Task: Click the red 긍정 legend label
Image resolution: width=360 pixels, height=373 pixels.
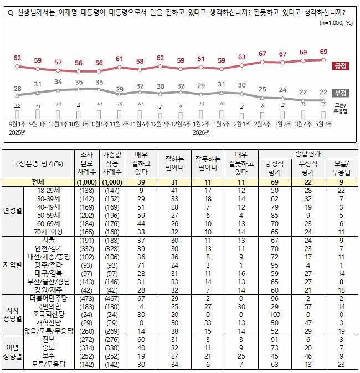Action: pyautogui.click(x=340, y=66)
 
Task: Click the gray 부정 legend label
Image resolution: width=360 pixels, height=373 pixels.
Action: pyautogui.click(x=340, y=93)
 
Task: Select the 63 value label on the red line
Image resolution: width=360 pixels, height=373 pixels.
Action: pyautogui.click(x=241, y=57)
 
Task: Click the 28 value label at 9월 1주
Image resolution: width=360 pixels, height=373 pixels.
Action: pyautogui.click(x=17, y=88)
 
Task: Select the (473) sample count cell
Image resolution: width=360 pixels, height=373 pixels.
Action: pyautogui.click(x=86, y=299)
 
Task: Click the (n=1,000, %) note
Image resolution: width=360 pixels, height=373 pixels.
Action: pyautogui.click(x=336, y=23)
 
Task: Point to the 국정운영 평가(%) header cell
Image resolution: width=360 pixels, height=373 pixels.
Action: pyautogui.click(x=37, y=164)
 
